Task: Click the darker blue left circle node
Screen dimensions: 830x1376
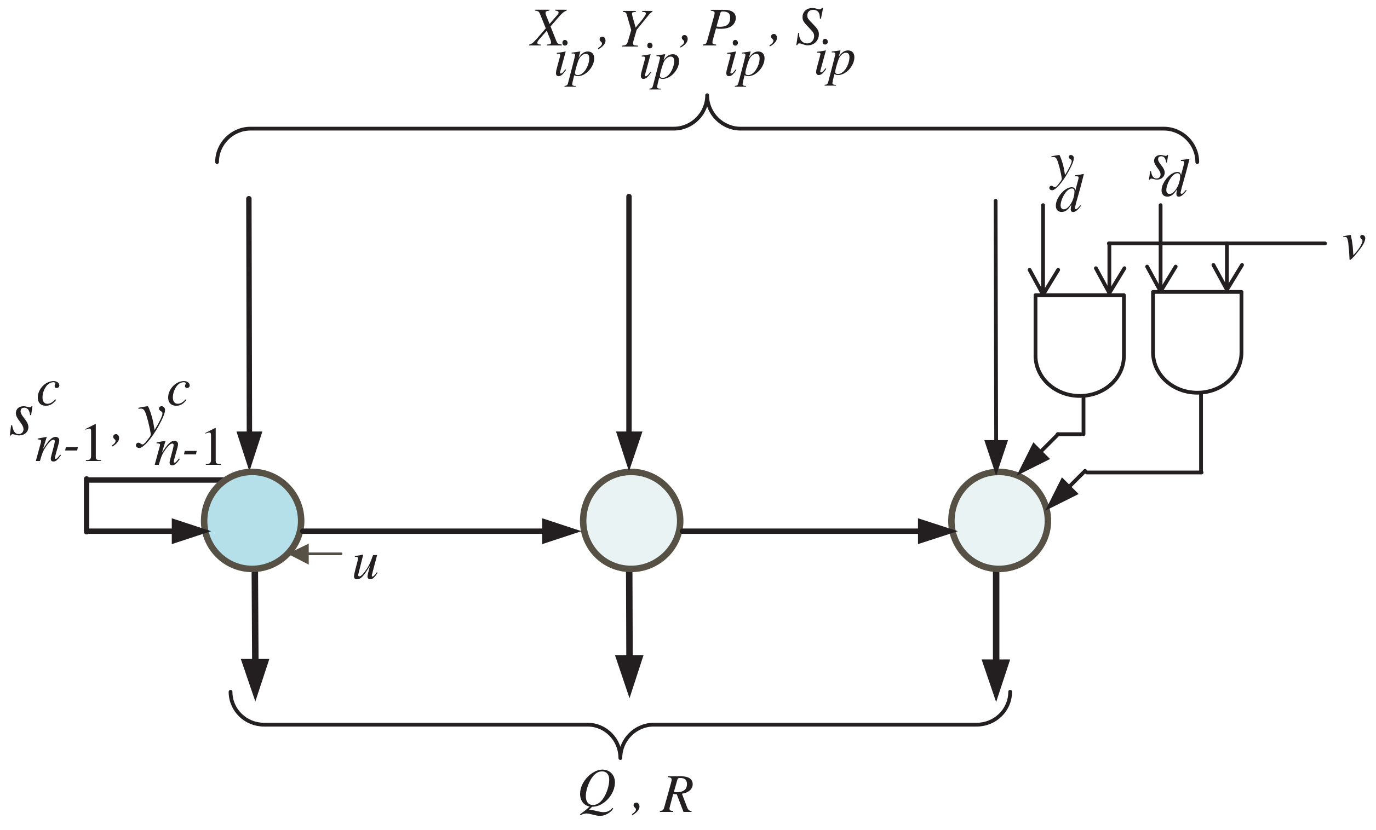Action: pyautogui.click(x=253, y=521)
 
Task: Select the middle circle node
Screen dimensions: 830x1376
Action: pyautogui.click(x=631, y=521)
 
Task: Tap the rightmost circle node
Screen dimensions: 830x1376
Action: pyautogui.click(x=999, y=521)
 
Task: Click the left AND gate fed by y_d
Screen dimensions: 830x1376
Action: pyautogui.click(x=1079, y=343)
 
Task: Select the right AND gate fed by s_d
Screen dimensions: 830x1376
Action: pyautogui.click(x=1197, y=341)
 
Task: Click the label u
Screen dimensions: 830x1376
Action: pyautogui.click(x=366, y=567)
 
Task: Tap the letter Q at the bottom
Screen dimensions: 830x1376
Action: pyautogui.click(x=597, y=794)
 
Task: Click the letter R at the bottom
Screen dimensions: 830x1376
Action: pyautogui.click(x=676, y=794)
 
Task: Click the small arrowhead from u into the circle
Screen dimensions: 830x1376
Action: pyautogui.click(x=300, y=554)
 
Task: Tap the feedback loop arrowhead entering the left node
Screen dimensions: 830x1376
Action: pyautogui.click(x=190, y=531)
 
